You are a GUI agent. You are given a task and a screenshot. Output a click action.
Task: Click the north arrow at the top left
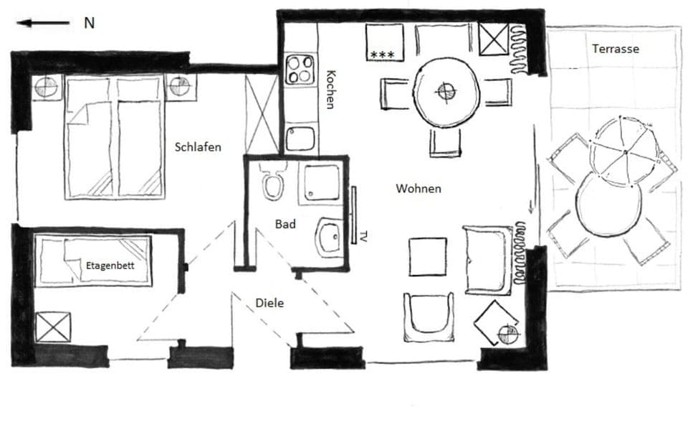click(43, 23)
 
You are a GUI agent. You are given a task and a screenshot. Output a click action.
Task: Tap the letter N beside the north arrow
click(89, 23)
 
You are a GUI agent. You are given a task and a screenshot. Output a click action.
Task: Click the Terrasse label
click(615, 49)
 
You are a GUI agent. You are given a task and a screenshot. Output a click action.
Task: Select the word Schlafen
click(198, 147)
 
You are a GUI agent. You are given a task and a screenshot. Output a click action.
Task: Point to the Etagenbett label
click(110, 266)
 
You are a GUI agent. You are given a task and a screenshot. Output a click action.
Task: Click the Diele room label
click(269, 303)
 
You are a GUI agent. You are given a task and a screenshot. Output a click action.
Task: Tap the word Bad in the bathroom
click(285, 225)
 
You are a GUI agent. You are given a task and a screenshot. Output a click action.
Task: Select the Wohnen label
click(418, 189)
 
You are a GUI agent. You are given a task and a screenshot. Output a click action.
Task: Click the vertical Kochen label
click(330, 89)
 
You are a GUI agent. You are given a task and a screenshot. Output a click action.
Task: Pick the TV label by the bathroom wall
click(364, 235)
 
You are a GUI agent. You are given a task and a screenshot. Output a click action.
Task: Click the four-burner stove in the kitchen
click(300, 70)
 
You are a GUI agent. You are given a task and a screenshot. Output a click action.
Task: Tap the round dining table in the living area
click(446, 92)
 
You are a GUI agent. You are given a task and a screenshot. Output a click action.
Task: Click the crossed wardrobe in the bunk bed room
click(53, 327)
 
